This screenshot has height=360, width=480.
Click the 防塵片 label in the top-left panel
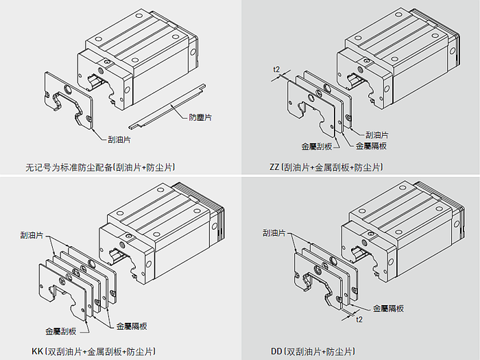click(x=200, y=118)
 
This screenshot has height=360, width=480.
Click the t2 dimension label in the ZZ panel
click(x=276, y=70)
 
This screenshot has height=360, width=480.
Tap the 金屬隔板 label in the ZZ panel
click(x=370, y=146)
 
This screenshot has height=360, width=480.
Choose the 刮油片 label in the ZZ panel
click(x=377, y=135)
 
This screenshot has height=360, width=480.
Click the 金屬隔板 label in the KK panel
click(x=132, y=326)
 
